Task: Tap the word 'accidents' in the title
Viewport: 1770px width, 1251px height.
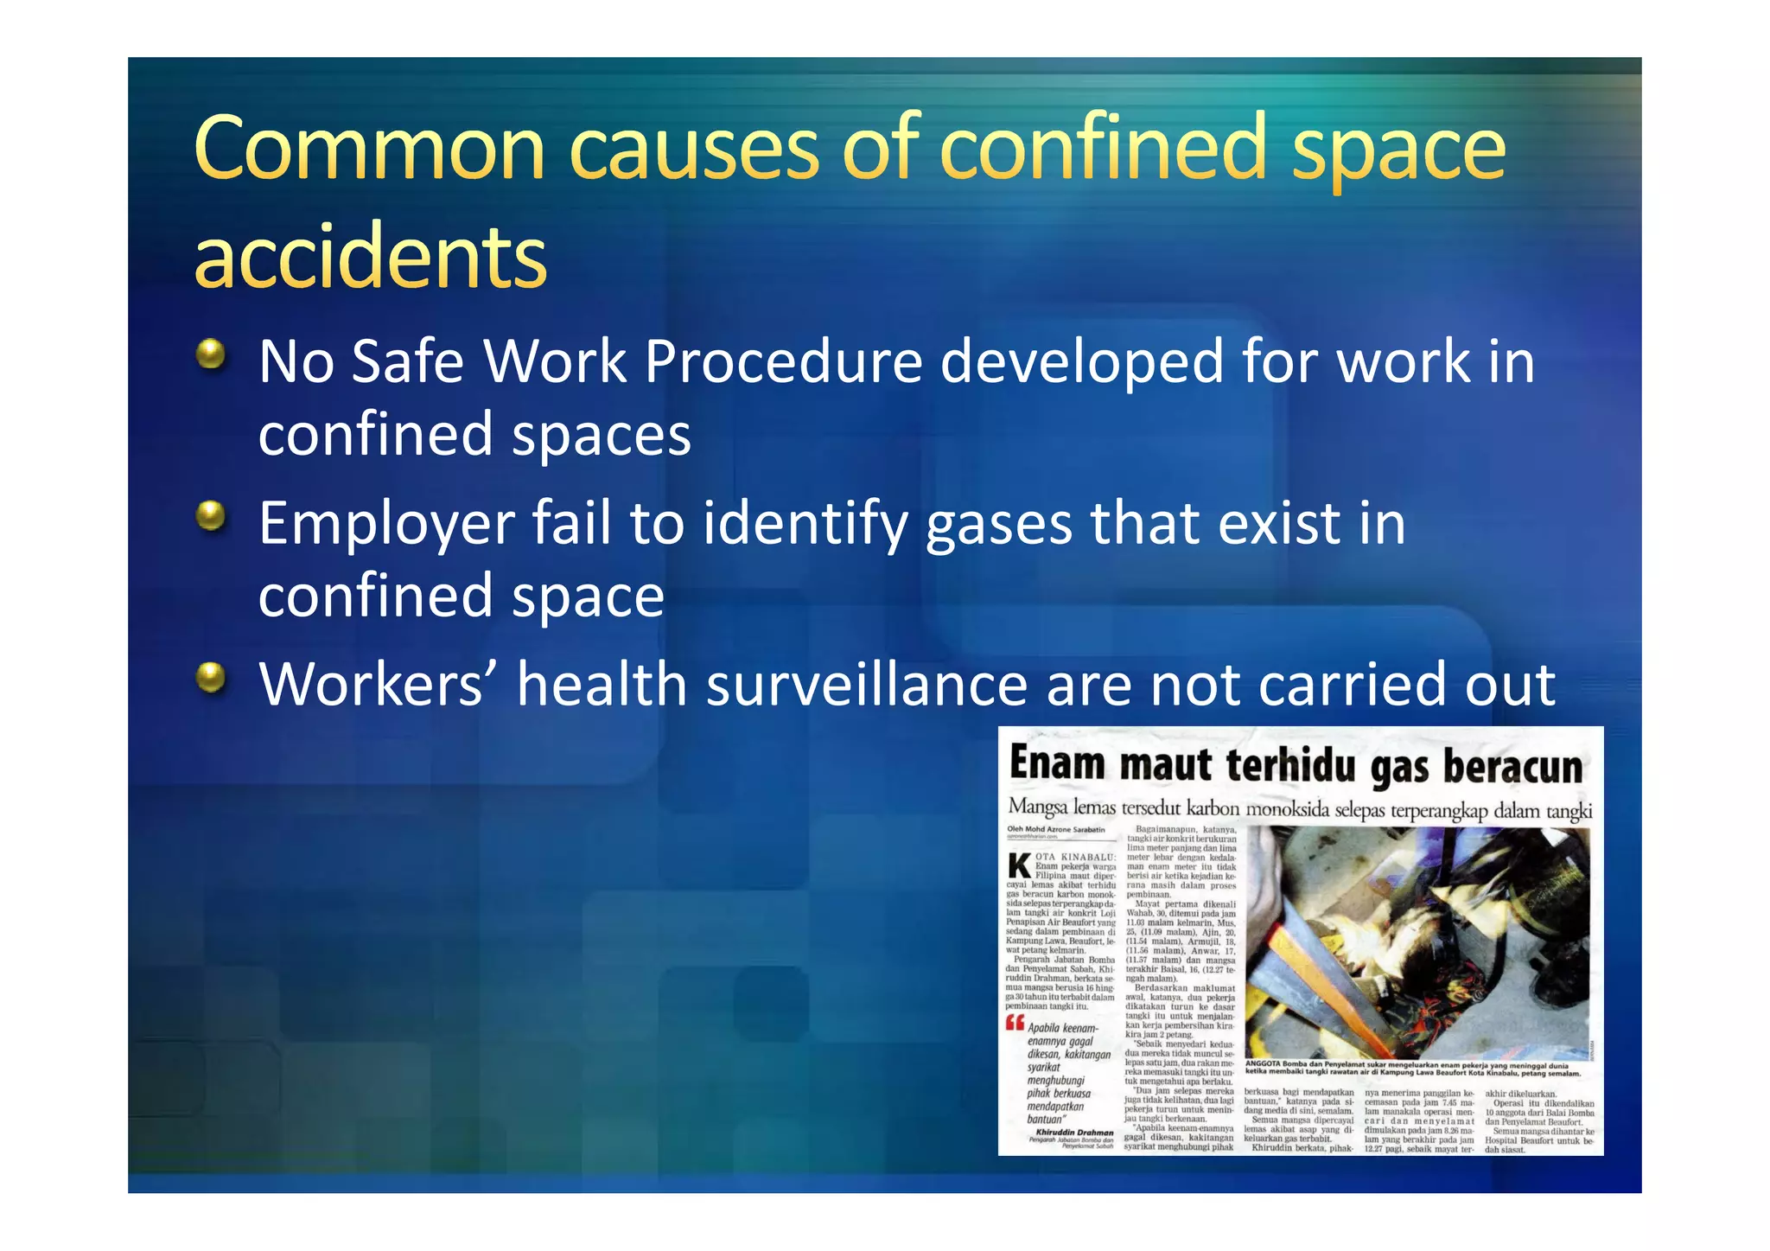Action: click(371, 257)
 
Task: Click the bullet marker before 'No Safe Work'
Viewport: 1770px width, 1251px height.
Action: click(210, 354)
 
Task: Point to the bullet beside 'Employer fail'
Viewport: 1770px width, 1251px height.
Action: click(210, 516)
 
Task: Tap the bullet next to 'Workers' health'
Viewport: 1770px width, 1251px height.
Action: click(210, 678)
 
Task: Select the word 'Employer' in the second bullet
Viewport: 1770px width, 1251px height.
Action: click(387, 524)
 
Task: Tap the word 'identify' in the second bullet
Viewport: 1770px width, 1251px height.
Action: click(805, 524)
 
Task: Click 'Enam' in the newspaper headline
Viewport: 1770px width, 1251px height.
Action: click(1057, 764)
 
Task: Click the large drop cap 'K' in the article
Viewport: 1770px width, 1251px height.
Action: click(1020, 865)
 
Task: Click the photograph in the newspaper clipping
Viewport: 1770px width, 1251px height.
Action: click(1417, 942)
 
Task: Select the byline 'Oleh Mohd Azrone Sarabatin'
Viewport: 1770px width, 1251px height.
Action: click(1055, 830)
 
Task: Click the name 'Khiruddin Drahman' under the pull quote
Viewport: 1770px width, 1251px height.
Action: click(1074, 1132)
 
